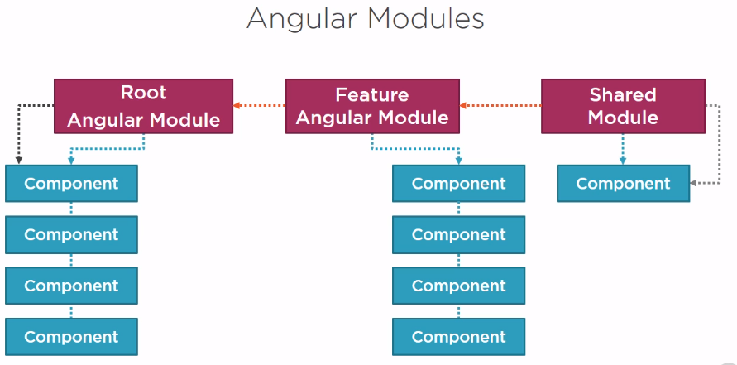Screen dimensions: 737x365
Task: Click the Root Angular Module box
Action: pyautogui.click(x=143, y=106)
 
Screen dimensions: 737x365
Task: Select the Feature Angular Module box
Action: pyautogui.click(x=372, y=106)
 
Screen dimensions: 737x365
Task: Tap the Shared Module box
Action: pyautogui.click(x=623, y=106)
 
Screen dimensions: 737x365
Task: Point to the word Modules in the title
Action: pyautogui.click(x=426, y=19)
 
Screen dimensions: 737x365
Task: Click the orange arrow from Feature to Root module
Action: pyautogui.click(x=260, y=105)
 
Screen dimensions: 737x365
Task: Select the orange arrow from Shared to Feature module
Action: pyautogui.click(x=500, y=105)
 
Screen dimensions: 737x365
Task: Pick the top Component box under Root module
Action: pyautogui.click(x=71, y=184)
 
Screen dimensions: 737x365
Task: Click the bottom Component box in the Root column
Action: pyautogui.click(x=71, y=337)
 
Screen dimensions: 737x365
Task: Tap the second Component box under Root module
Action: pyautogui.click(x=71, y=235)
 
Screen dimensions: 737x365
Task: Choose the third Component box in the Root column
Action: pyautogui.click(x=71, y=286)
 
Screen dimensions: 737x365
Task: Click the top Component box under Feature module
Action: pyautogui.click(x=459, y=184)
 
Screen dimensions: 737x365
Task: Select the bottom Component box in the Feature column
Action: pyautogui.click(x=459, y=337)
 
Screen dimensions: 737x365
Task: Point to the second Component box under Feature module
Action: pyautogui.click(x=459, y=235)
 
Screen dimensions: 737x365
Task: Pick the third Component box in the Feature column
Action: pyautogui.click(x=459, y=286)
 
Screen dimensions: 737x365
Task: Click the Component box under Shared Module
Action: pyautogui.click(x=623, y=184)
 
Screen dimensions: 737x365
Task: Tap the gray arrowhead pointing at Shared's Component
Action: pyautogui.click(x=693, y=184)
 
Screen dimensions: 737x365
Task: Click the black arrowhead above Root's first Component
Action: pyautogui.click(x=19, y=161)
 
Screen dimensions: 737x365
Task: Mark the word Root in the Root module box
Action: pyautogui.click(x=143, y=93)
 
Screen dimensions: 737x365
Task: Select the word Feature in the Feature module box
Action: pyautogui.click(x=371, y=95)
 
